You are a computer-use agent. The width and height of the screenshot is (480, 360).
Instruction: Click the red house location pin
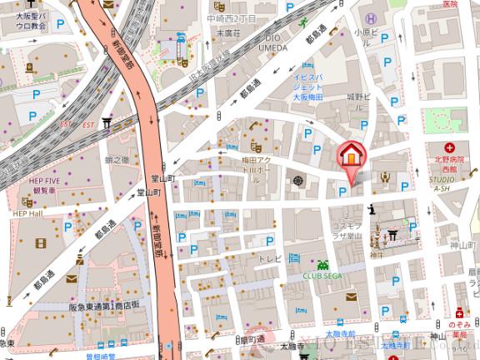pyautogui.click(x=351, y=156)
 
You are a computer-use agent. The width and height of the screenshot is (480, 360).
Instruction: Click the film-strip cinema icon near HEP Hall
pyautogui.click(x=42, y=242)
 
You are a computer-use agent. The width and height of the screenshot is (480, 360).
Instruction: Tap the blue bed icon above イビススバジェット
pyautogui.click(x=309, y=64)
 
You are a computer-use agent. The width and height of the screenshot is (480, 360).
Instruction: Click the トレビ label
pyautogui.click(x=268, y=259)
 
